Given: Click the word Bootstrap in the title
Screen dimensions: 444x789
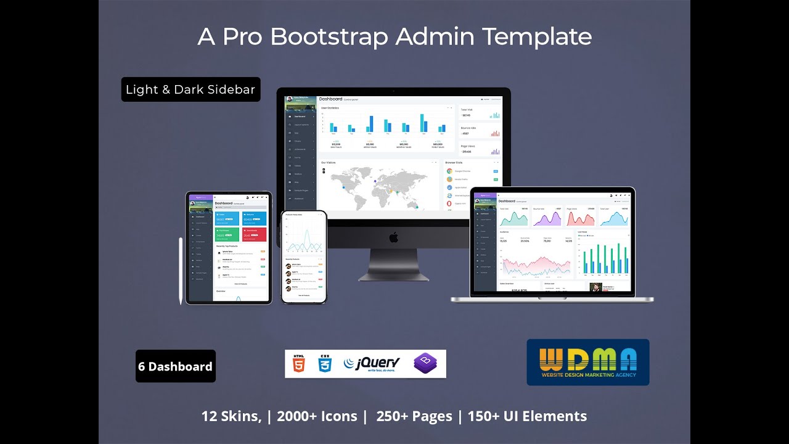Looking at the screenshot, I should tap(329, 37).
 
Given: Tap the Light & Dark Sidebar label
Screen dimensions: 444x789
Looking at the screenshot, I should tap(190, 89).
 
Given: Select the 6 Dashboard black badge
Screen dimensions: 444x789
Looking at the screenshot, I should tap(176, 366).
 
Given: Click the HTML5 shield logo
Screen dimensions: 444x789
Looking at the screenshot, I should tap(299, 364).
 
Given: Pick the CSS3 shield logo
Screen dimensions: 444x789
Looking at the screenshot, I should tap(325, 364).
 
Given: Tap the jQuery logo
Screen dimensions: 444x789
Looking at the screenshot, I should tap(372, 363).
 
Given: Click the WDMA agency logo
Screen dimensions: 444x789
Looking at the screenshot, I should tap(587, 362).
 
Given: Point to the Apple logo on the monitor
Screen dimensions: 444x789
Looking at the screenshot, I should tap(394, 237).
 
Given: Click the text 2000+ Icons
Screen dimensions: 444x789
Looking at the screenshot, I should tap(317, 416).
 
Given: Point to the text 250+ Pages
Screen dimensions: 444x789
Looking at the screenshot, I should tap(414, 416).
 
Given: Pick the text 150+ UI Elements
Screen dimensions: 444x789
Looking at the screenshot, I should tap(527, 416).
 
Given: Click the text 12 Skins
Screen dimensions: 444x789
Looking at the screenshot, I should tap(231, 416).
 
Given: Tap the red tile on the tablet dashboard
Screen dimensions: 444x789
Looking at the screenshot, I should tap(255, 234).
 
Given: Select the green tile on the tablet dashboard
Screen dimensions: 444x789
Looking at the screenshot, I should tap(227, 234).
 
